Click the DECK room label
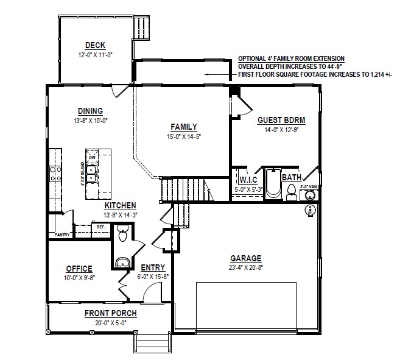coord(96,45)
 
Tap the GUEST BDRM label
coord(281,121)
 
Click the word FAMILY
coord(183,127)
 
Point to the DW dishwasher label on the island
coord(93,158)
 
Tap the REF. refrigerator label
coord(100,227)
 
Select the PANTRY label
coord(62,235)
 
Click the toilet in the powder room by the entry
coord(122,234)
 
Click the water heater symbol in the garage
coord(311,210)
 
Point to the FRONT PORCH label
coord(110,314)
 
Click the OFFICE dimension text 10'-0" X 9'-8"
coord(79,277)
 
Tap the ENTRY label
coord(152,267)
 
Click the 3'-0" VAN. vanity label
coord(311,188)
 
